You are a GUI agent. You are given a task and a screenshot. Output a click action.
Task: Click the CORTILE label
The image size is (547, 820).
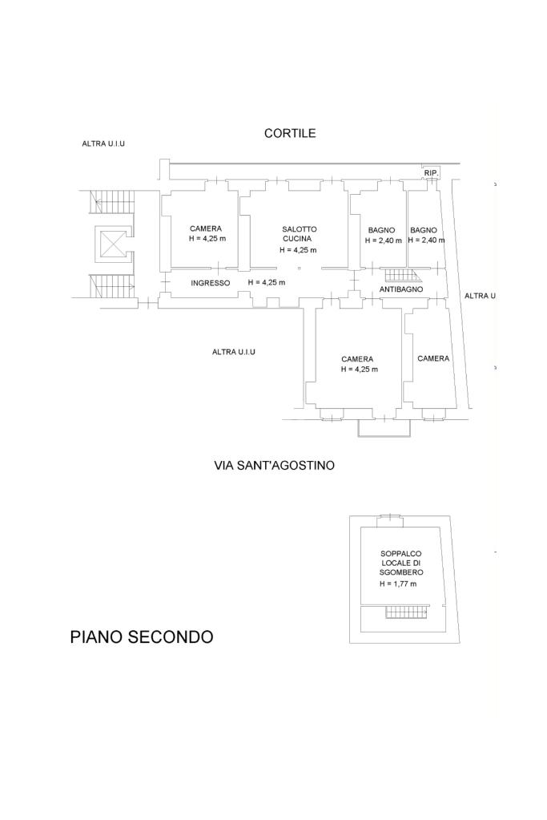click(x=290, y=134)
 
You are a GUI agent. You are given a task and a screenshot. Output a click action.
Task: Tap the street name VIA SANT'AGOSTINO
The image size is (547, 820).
click(x=275, y=465)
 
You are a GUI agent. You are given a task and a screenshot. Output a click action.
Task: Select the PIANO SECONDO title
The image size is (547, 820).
click(x=142, y=637)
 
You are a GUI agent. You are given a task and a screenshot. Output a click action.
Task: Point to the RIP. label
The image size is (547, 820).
click(x=431, y=173)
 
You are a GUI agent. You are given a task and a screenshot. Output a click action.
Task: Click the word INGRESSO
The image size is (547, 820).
click(x=211, y=283)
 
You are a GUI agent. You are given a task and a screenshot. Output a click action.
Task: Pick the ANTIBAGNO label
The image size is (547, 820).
click(x=401, y=289)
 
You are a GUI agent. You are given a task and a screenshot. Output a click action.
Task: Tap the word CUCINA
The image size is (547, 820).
click(x=296, y=238)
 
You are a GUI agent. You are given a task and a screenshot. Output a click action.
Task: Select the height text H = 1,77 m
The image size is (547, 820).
click(x=399, y=584)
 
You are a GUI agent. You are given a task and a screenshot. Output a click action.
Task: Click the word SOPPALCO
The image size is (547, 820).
click(x=401, y=554)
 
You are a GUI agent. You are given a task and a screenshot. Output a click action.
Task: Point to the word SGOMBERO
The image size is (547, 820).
click(x=402, y=573)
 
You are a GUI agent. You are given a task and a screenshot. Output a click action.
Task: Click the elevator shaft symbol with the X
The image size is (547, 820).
click(x=111, y=244)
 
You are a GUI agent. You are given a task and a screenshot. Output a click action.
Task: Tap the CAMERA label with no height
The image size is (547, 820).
click(x=433, y=358)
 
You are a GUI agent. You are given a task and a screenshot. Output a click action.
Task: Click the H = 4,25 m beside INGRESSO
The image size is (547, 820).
click(x=267, y=283)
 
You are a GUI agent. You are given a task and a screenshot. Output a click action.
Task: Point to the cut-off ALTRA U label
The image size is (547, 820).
click(x=481, y=296)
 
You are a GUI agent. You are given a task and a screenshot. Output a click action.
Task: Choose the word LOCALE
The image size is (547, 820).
click(x=400, y=563)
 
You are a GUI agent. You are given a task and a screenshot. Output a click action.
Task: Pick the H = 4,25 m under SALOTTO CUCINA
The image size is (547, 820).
click(x=298, y=249)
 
